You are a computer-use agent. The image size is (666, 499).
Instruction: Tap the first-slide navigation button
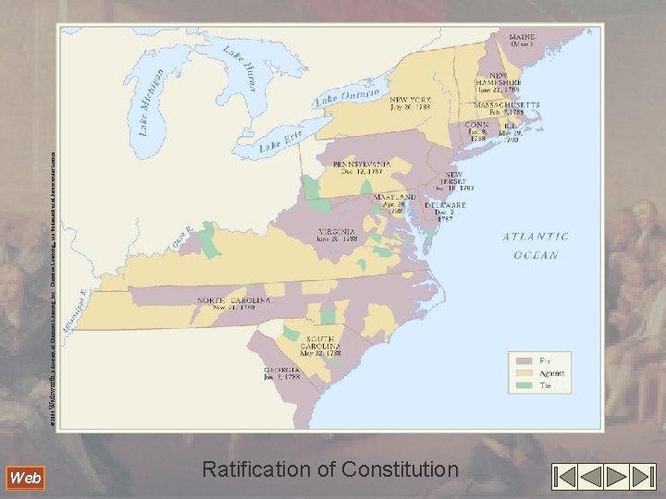point(564,477)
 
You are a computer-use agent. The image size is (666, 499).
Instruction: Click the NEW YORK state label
point(411,98)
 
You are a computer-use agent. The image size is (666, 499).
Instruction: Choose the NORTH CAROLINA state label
point(233,300)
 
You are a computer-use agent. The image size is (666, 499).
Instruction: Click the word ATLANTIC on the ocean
point(536,237)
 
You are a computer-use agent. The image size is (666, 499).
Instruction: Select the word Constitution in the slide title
point(399,470)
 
